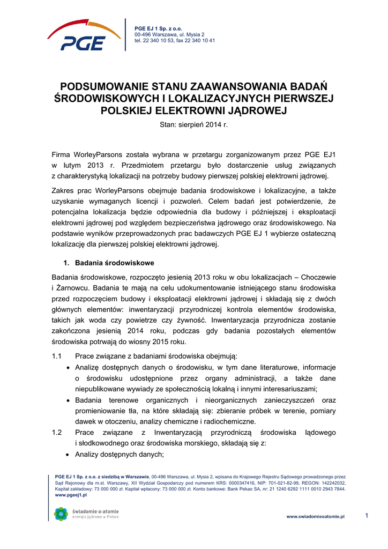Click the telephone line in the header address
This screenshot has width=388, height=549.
click(175, 41)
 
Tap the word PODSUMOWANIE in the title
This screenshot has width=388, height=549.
click(102, 87)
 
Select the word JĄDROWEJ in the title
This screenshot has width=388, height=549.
click(259, 110)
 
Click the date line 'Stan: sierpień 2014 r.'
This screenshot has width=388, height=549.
click(194, 125)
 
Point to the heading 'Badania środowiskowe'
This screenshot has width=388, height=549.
click(115, 263)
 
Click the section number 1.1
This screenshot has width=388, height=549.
click(57, 356)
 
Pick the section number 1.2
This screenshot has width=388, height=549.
click(57, 432)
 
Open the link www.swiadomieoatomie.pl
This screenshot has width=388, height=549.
click(315, 516)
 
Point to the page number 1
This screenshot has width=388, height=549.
click(367, 516)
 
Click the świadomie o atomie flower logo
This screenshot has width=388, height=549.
click(61, 514)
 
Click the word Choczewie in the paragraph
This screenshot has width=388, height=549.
click(318, 277)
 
